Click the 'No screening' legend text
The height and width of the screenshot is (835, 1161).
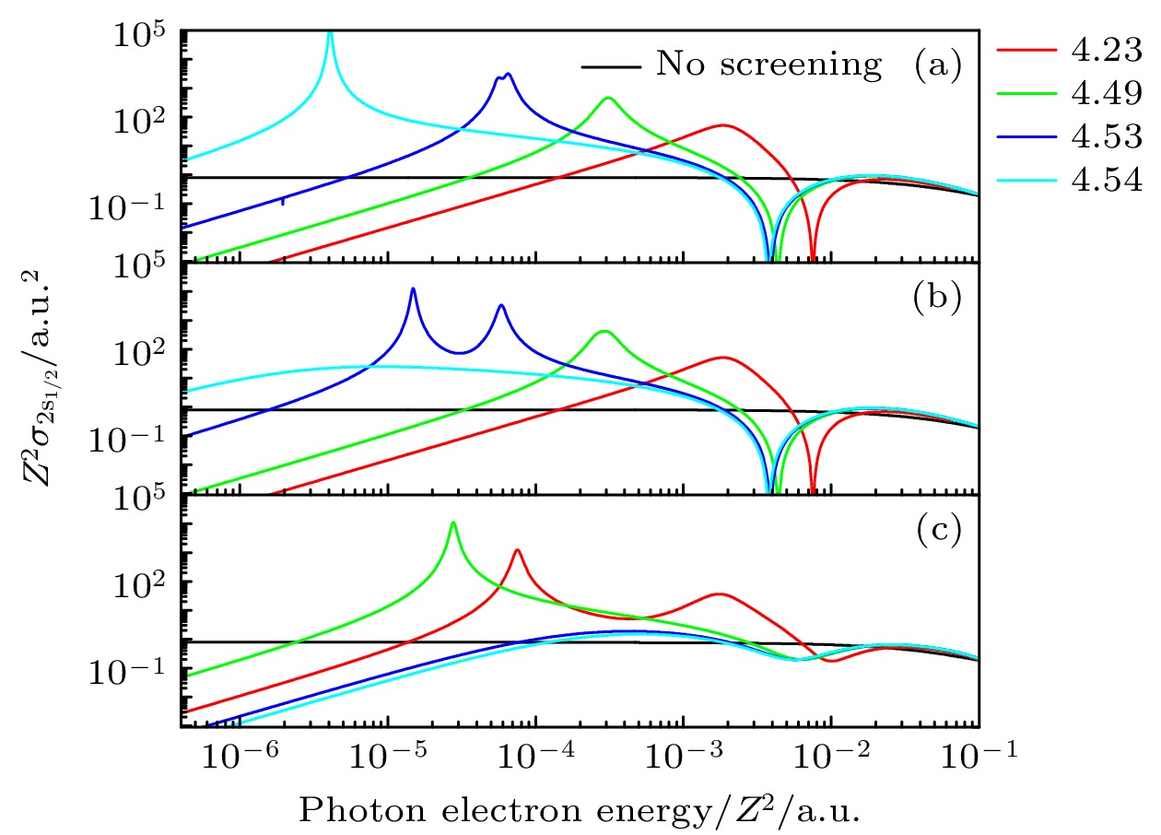point(768,65)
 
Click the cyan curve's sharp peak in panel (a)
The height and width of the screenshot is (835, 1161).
point(330,34)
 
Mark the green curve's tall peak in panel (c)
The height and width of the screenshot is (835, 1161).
point(452,523)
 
